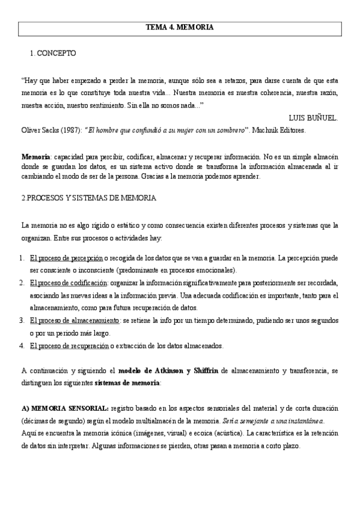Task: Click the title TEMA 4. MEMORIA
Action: pyautogui.click(x=180, y=28)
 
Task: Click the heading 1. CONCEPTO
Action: pyautogui.click(x=53, y=54)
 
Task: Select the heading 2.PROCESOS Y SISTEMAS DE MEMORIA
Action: pyautogui.click(x=88, y=198)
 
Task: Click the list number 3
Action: pyautogui.click(x=22, y=321)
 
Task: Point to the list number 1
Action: pyautogui.click(x=22, y=258)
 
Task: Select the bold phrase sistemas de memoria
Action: pyautogui.click(x=127, y=382)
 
